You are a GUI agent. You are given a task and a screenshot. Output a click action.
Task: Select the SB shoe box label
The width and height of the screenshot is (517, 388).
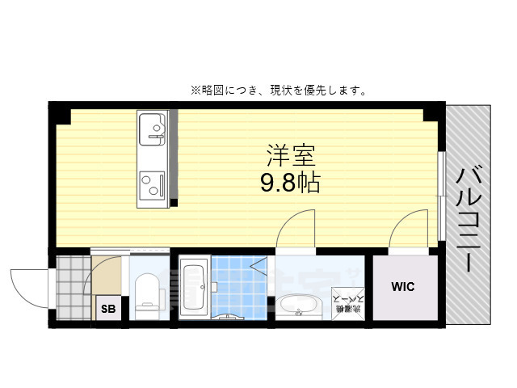click(x=107, y=308)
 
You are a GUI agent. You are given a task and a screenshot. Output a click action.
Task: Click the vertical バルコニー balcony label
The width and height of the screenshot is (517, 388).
click(x=468, y=218)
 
